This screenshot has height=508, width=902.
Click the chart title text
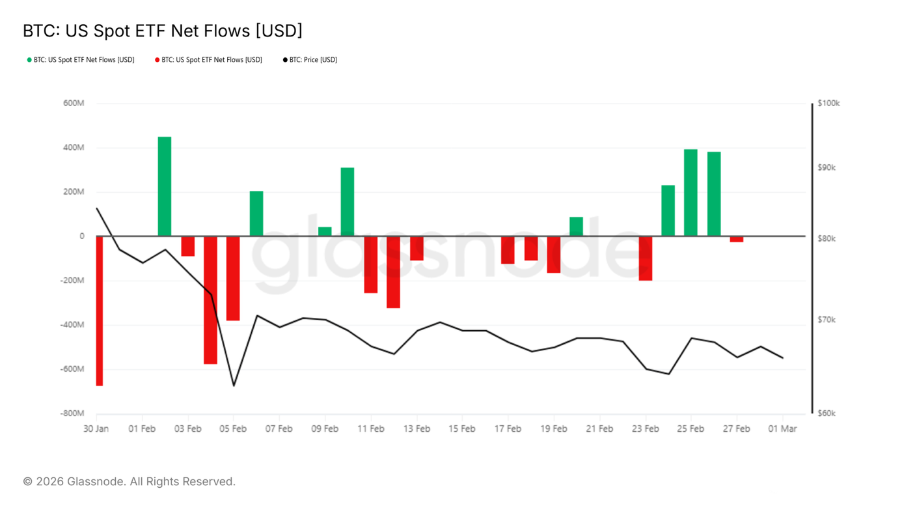(163, 31)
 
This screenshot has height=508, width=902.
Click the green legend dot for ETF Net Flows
(29, 60)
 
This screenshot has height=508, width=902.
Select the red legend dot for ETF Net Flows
(157, 60)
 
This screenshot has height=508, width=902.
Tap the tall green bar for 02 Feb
(165, 186)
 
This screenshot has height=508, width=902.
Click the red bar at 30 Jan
(100, 311)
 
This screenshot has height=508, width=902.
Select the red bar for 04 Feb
(210, 300)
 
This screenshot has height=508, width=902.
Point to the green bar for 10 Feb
(348, 202)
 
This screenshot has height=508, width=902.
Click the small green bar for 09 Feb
(325, 231)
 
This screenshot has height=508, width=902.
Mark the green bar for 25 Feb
(690, 193)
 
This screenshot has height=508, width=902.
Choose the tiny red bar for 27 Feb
(736, 239)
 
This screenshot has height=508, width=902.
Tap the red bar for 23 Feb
(645, 258)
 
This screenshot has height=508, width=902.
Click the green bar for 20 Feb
(576, 227)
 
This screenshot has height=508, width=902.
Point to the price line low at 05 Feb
(234, 386)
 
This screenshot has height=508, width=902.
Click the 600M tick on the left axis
(74, 104)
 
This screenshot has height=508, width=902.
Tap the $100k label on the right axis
(828, 104)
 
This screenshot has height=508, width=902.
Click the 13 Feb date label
(417, 429)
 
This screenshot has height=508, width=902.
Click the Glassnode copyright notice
(129, 482)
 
